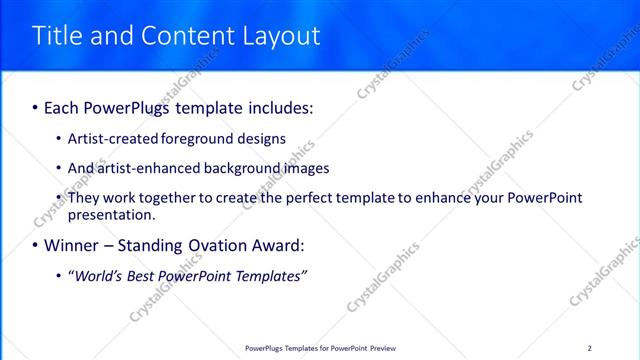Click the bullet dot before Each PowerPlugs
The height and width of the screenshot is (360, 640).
pos(36,106)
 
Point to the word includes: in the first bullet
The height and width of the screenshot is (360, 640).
pos(277,106)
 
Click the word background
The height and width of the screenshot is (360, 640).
pos(237,168)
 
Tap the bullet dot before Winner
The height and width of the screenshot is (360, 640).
pos(36,245)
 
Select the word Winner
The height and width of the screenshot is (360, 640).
pos(70,245)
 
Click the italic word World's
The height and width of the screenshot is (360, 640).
pos(101,275)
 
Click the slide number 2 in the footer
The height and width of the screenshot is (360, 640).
pos(589,348)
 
